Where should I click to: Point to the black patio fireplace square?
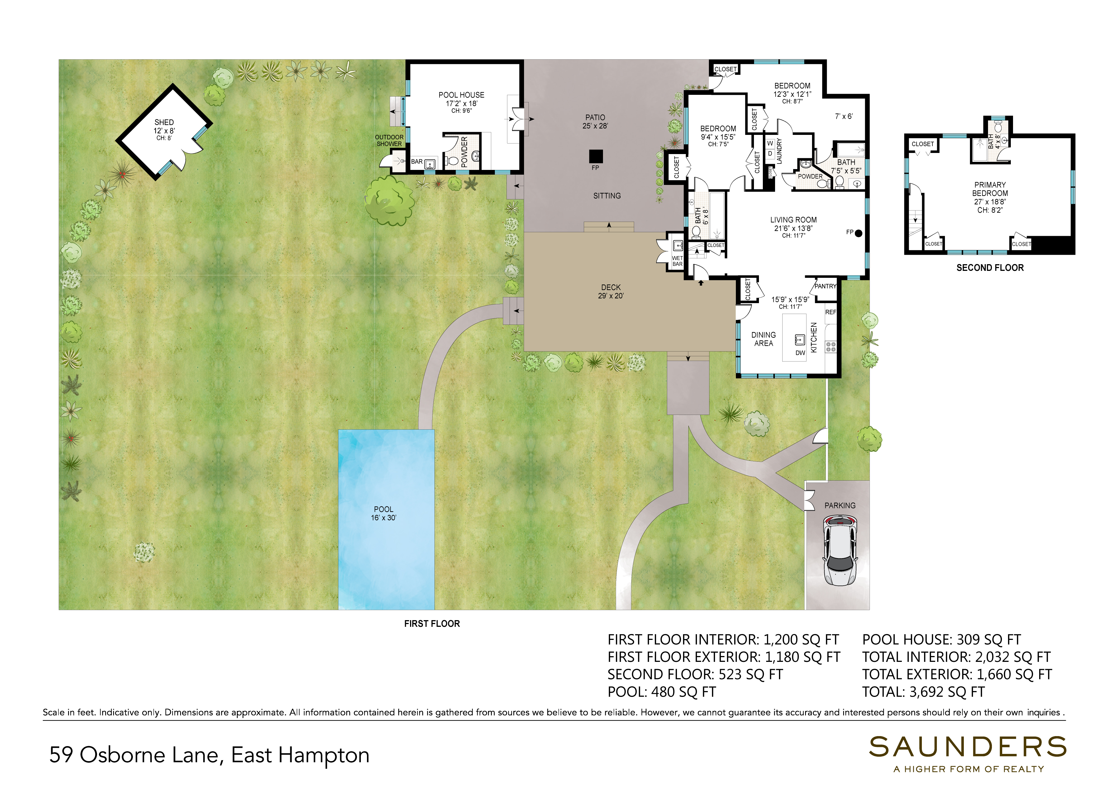tap(596, 157)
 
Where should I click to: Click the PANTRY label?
tap(825, 286)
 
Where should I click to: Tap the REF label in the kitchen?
tap(831, 312)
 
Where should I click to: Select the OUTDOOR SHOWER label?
tap(389, 140)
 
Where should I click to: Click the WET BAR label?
tap(677, 261)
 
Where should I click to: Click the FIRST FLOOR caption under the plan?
tap(432, 624)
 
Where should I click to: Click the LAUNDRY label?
tap(779, 151)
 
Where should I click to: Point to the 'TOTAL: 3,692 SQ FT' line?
tap(923, 692)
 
